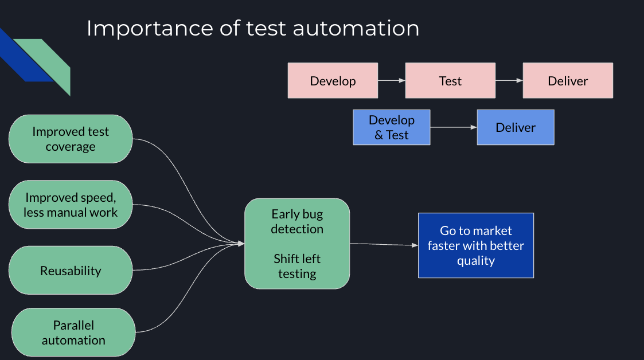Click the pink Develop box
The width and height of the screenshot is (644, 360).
point(333,81)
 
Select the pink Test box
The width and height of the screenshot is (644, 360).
point(450,81)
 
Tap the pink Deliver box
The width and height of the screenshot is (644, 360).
point(568,81)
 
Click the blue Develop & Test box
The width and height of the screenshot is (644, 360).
point(391,127)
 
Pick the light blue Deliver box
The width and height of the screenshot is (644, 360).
point(516,127)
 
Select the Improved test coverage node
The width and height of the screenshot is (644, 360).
point(71,139)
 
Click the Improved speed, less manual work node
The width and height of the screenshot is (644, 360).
point(71,205)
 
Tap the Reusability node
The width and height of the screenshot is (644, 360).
point(71,271)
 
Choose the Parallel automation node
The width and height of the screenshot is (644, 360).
point(73,332)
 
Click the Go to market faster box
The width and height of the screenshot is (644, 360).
point(476,245)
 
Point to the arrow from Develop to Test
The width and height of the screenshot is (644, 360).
point(392,81)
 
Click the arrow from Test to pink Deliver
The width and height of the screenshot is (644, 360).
point(509,81)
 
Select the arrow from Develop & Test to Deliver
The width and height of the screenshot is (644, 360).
point(454,127)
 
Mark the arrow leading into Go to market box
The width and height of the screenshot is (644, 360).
point(384,245)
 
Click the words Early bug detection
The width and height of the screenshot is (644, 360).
point(297,221)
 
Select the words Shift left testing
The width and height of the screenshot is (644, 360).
point(297,266)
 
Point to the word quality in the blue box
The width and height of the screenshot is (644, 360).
point(476,261)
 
